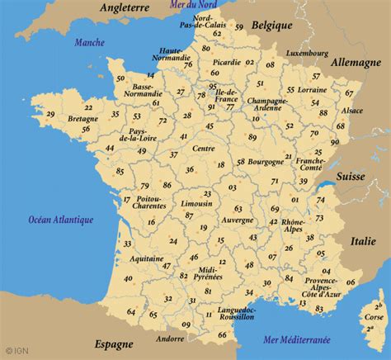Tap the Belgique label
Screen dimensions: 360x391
pos(273,26)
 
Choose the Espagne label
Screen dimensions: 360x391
pos(113,343)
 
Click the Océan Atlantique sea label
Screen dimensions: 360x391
pos(61,220)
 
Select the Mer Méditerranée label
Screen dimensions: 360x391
pos(296,339)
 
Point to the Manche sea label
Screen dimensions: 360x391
pos(89,42)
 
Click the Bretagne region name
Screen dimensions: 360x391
pos(82,119)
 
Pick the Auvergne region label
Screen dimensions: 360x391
pos(238,220)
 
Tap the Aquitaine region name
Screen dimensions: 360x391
pos(146,258)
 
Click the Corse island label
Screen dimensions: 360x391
pos(374,316)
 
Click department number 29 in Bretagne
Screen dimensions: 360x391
pos(51,114)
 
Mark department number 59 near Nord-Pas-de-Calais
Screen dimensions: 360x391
pos(238,27)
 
